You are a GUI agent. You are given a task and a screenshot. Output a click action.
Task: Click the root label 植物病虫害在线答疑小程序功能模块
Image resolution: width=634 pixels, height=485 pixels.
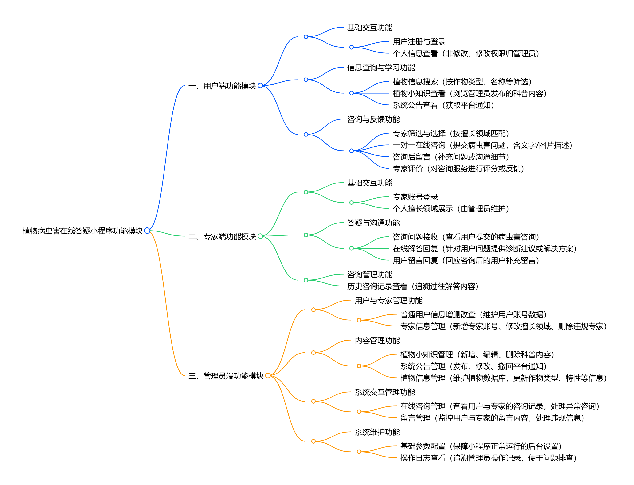click(x=82, y=231)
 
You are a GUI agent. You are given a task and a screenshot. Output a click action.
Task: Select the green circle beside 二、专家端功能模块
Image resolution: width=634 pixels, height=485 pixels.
click(x=260, y=236)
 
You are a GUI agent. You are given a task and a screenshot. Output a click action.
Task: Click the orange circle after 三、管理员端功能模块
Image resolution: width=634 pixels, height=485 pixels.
click(x=268, y=376)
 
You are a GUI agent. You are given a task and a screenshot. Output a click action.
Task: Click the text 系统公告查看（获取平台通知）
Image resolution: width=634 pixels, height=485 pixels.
click(x=443, y=105)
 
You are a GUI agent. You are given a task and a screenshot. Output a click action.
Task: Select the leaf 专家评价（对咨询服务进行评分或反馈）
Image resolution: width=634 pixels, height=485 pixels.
click(x=458, y=168)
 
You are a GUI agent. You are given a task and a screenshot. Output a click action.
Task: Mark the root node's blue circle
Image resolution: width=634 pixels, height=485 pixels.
click(x=147, y=230)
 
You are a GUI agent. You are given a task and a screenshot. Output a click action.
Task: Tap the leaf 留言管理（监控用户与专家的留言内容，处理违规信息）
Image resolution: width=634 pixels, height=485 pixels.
click(x=492, y=418)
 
